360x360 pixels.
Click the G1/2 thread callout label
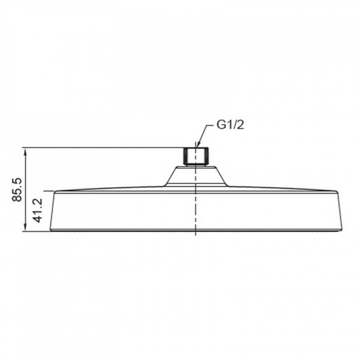[230, 125]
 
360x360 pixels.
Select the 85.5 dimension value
[17, 190]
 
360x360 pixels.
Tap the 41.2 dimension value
[38, 210]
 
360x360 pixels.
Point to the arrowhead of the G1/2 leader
[198, 145]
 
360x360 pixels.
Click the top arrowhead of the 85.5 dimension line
[26, 151]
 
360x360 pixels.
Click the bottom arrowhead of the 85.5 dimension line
[26, 228]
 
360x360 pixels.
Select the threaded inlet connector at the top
[196, 157]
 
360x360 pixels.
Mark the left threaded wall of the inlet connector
[185, 156]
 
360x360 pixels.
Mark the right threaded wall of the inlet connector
[207, 156]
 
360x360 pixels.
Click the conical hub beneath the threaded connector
[196, 176]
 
